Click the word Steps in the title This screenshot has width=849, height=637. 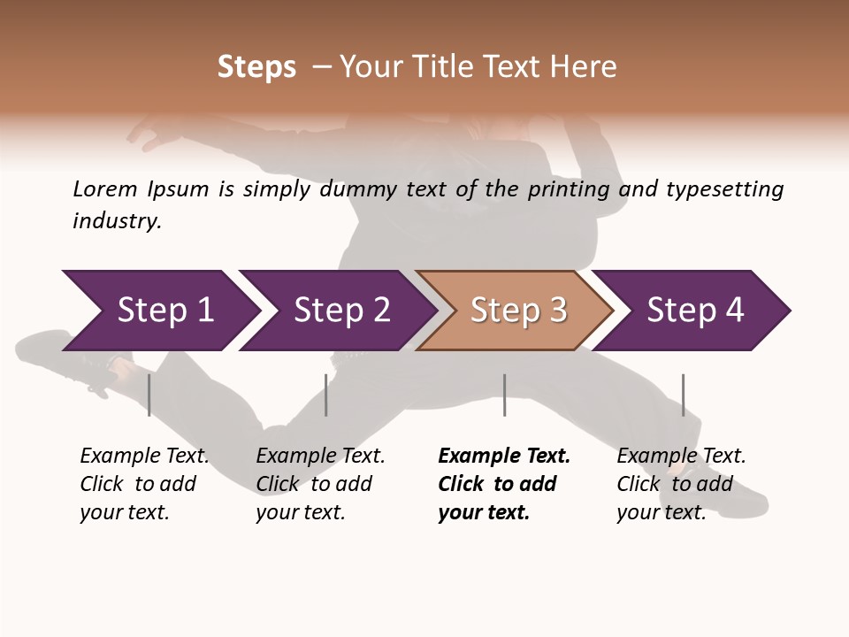pyautogui.click(x=256, y=67)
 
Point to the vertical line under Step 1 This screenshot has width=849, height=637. pyautogui.click(x=149, y=395)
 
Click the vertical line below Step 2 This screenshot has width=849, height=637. pyautogui.click(x=326, y=395)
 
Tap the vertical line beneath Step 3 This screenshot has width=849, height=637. pyautogui.click(x=504, y=395)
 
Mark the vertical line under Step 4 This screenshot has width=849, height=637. pyautogui.click(x=683, y=395)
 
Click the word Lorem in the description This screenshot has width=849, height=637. pyautogui.click(x=105, y=189)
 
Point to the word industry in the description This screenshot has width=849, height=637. pyautogui.click(x=117, y=221)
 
